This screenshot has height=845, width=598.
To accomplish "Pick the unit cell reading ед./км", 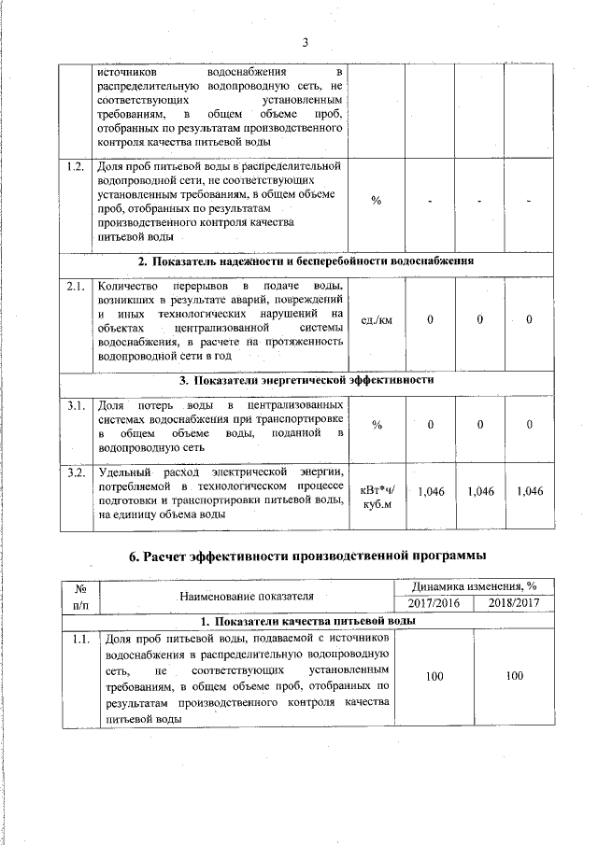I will (377, 320).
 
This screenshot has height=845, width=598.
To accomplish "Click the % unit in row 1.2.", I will (377, 202).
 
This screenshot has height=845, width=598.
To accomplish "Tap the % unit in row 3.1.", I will (377, 425).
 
